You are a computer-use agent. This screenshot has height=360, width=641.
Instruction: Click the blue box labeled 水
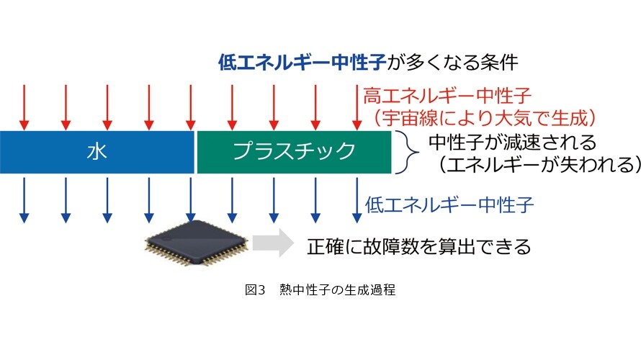[97, 152]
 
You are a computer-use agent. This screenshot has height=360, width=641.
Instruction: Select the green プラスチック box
[294, 152]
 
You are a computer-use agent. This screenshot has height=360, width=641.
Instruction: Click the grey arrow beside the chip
[273, 243]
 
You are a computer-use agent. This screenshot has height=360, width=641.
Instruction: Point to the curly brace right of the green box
[409, 153]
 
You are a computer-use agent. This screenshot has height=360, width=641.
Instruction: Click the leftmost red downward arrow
[24, 107]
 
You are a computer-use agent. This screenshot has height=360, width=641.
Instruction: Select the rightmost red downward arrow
[357, 107]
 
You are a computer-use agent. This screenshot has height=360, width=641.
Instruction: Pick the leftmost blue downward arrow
[24, 200]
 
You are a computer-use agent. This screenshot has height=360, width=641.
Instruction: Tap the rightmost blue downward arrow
[357, 200]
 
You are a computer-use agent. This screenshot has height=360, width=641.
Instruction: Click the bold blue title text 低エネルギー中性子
[302, 63]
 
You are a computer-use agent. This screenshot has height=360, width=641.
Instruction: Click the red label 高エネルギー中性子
[447, 96]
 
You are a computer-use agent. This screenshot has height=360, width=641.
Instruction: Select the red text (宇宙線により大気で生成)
[483, 117]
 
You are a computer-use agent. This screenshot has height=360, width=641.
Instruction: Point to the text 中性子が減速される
[513, 143]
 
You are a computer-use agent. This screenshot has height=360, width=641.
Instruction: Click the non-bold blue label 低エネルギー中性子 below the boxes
[449, 204]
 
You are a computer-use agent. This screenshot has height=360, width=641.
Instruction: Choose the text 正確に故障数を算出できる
[419, 247]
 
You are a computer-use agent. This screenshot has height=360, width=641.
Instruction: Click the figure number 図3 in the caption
[255, 289]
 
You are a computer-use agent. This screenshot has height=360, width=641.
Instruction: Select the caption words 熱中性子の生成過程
[338, 289]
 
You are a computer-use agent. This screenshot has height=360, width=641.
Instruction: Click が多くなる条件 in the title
[452, 63]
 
